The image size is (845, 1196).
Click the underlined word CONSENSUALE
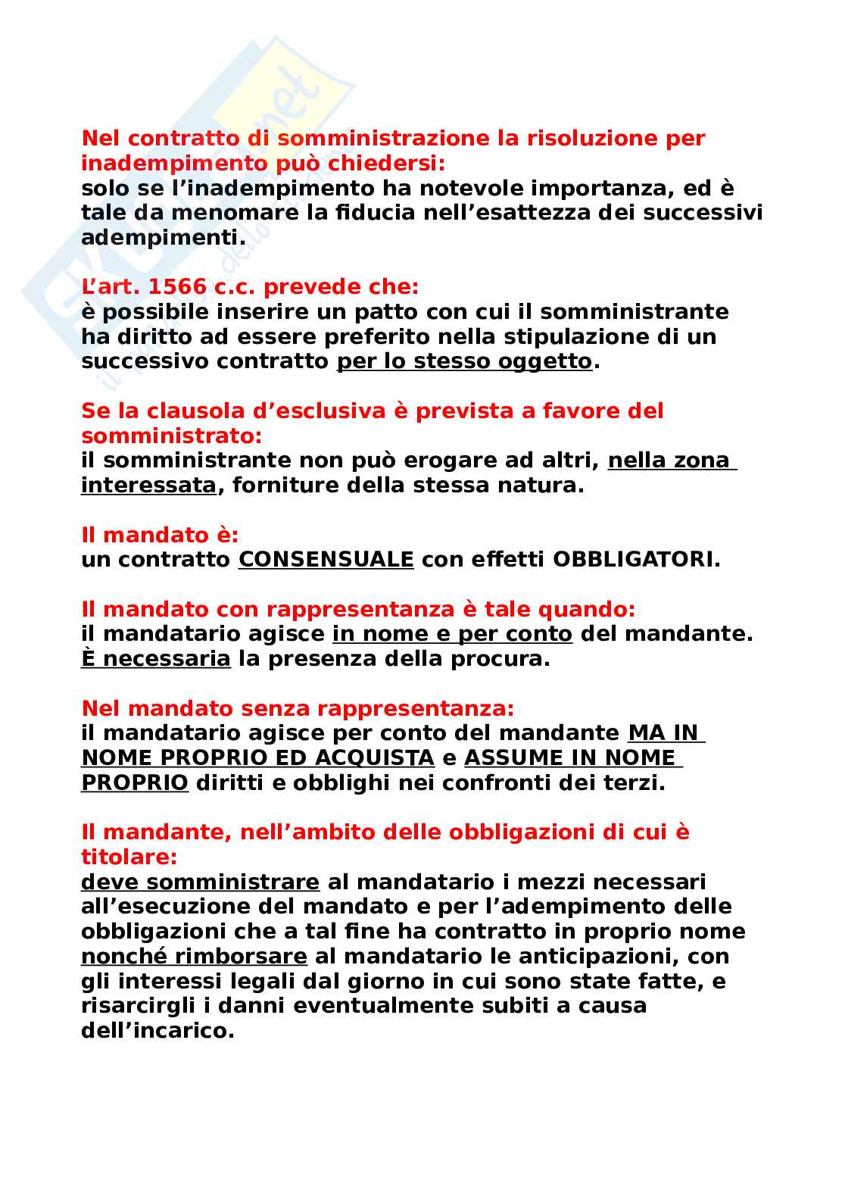(326, 560)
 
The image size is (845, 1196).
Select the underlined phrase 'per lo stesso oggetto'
(463, 361)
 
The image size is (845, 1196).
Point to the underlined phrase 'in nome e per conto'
(452, 634)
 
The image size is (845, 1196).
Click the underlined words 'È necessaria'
(155, 659)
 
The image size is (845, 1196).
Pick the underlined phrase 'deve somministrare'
(200, 882)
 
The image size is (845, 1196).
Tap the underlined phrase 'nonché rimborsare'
(194, 957)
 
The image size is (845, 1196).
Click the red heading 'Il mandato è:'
(160, 535)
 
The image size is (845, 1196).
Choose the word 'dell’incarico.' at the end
(157, 1031)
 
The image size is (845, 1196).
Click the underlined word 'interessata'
(148, 486)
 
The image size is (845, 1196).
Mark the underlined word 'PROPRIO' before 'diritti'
(134, 783)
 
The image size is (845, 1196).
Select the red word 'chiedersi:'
(386, 164)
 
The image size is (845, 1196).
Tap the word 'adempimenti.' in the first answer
(164, 238)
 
